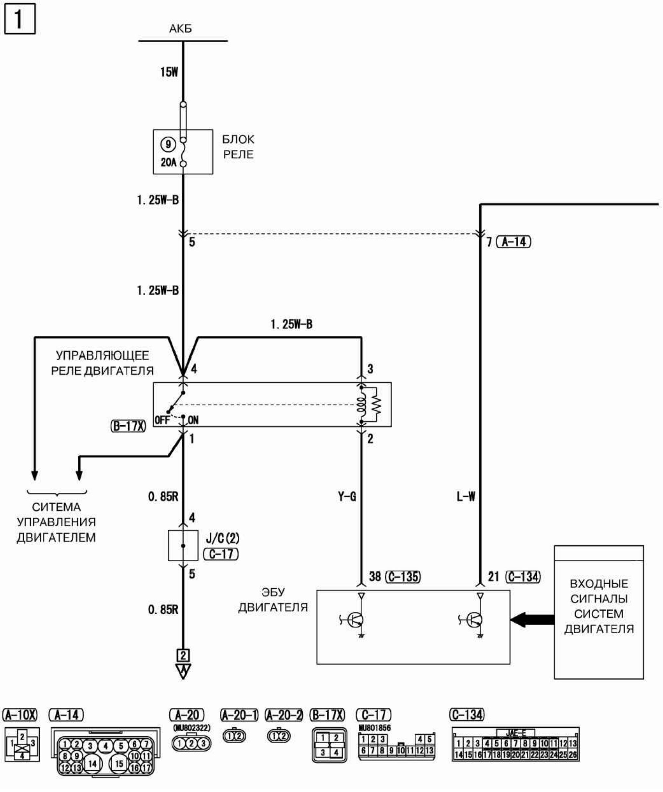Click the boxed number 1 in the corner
point(20,19)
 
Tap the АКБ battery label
point(180,29)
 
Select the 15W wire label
point(169,72)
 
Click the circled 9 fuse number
point(168,144)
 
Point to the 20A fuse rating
point(168,163)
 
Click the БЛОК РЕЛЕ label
point(238,147)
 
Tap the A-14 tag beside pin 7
point(513,242)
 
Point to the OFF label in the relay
point(161,420)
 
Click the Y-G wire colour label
point(347,497)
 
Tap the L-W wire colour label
point(466,497)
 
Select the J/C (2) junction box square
point(183,546)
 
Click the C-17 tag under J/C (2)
point(221,554)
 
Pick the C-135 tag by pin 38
point(403,577)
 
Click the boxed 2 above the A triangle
point(183,655)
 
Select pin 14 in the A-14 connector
point(92,764)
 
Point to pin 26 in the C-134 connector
point(573,755)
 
